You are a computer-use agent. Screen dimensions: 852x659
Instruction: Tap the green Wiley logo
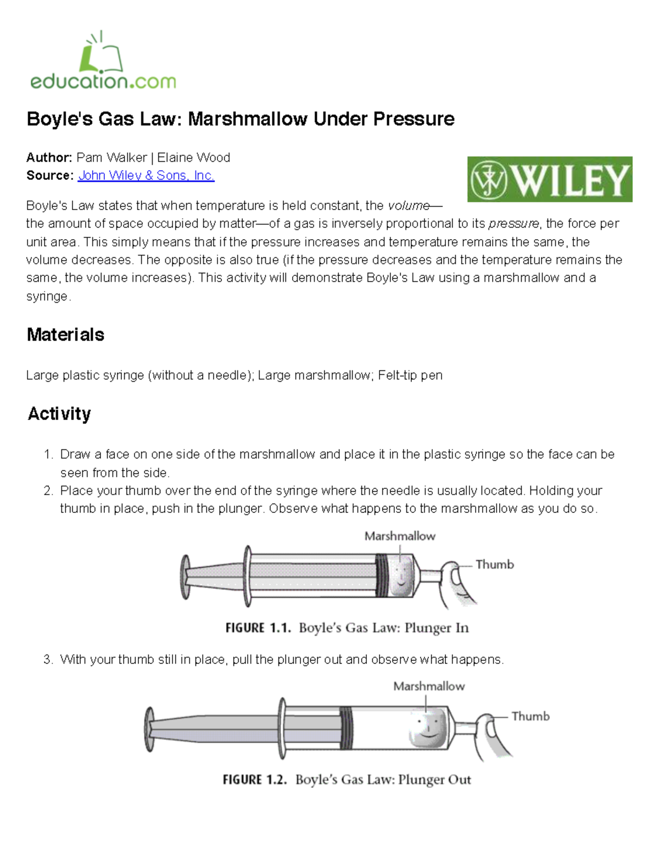click(550, 179)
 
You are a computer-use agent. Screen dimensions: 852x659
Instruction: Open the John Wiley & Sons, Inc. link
click(146, 176)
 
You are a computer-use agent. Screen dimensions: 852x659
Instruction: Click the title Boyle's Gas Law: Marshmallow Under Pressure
click(241, 119)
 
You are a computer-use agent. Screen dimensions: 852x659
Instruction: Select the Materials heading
click(65, 335)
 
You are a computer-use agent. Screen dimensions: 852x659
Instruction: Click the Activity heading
click(59, 414)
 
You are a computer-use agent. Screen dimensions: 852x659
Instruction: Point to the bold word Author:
click(49, 158)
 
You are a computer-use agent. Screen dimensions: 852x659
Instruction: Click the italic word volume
click(409, 206)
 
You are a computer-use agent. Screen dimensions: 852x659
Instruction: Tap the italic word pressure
click(513, 224)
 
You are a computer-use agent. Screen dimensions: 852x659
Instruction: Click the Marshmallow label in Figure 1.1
click(400, 536)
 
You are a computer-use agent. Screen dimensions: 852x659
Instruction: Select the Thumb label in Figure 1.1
click(494, 565)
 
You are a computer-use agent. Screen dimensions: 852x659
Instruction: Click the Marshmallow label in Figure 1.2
click(429, 686)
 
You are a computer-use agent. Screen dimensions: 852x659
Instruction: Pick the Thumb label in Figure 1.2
click(530, 716)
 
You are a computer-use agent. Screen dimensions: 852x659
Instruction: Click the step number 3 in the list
click(48, 659)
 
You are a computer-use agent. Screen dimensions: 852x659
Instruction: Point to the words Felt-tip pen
click(410, 376)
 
